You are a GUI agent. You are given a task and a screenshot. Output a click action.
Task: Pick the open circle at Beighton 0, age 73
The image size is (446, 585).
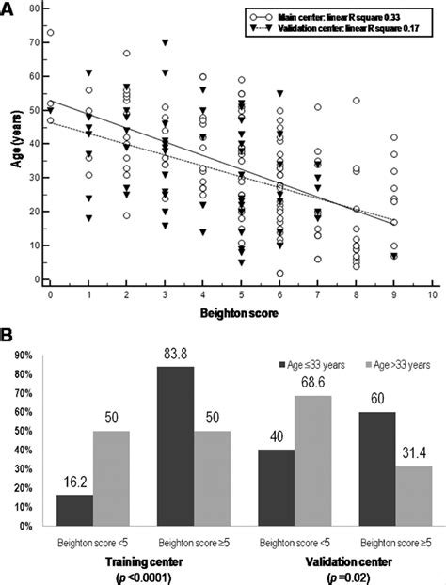click(x=50, y=33)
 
